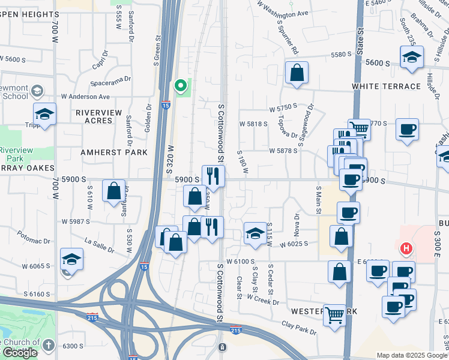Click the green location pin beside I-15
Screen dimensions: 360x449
tap(179, 86)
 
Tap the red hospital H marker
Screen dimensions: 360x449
tap(406, 248)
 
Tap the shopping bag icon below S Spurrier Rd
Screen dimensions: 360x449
tap(297, 73)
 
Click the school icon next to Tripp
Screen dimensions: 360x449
tap(44, 114)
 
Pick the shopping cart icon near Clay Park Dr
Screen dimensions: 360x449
tap(334, 314)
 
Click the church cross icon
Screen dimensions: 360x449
tap(49, 346)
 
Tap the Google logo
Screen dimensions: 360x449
tap(19, 353)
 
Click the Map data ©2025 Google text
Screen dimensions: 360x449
tap(411, 355)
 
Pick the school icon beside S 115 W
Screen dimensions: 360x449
tap(255, 233)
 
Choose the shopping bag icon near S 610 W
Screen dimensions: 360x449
tap(114, 191)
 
